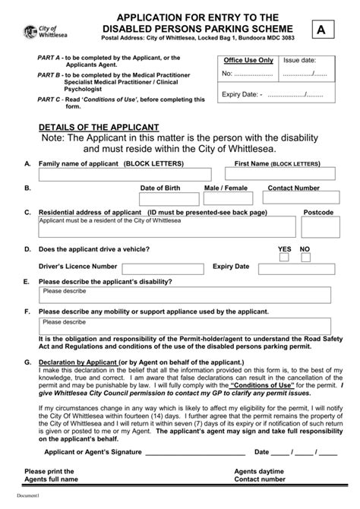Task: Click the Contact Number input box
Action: click(x=292, y=198)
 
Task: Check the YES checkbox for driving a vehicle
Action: click(x=284, y=258)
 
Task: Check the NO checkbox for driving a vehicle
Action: click(x=305, y=258)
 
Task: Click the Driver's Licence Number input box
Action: click(x=162, y=267)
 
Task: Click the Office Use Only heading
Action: click(x=248, y=60)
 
